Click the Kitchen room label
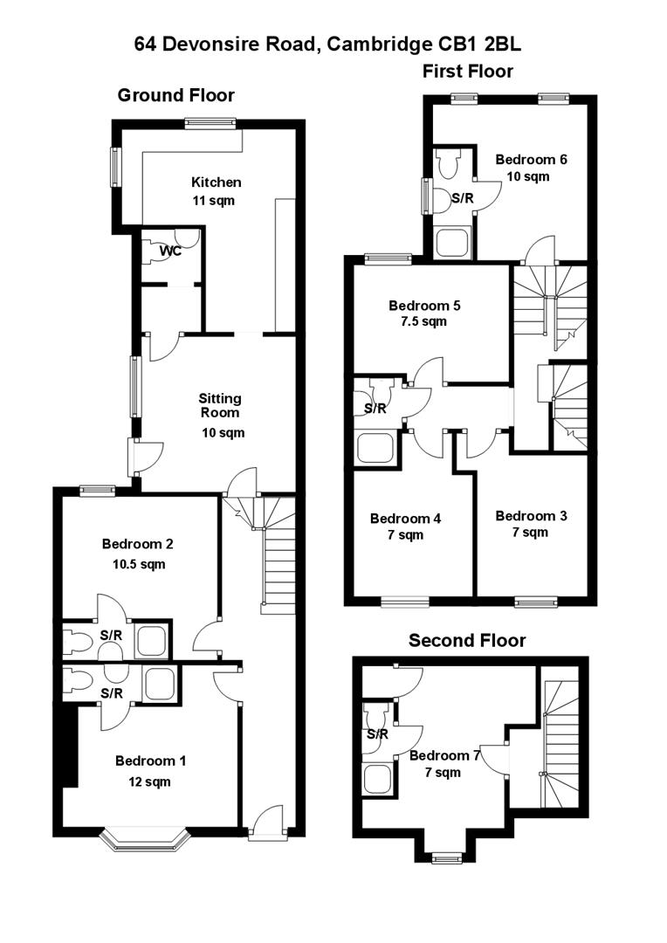pyautogui.click(x=216, y=182)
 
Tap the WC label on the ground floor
pyautogui.click(x=170, y=251)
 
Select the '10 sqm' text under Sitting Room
pyautogui.click(x=218, y=432)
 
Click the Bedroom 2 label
pyautogui.click(x=137, y=543)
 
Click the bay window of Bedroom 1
pyautogui.click(x=144, y=839)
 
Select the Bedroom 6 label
pyautogui.click(x=531, y=159)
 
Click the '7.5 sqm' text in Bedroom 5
pyautogui.click(x=424, y=321)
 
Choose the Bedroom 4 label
pyautogui.click(x=405, y=518)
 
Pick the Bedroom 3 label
pyautogui.click(x=531, y=516)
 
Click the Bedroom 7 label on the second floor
pyautogui.click(x=444, y=755)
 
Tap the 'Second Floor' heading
pyautogui.click(x=467, y=641)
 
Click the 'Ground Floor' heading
pyautogui.click(x=175, y=95)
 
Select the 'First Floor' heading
pyautogui.click(x=467, y=71)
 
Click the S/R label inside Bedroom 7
pyautogui.click(x=377, y=734)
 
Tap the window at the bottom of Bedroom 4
pyautogui.click(x=406, y=601)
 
